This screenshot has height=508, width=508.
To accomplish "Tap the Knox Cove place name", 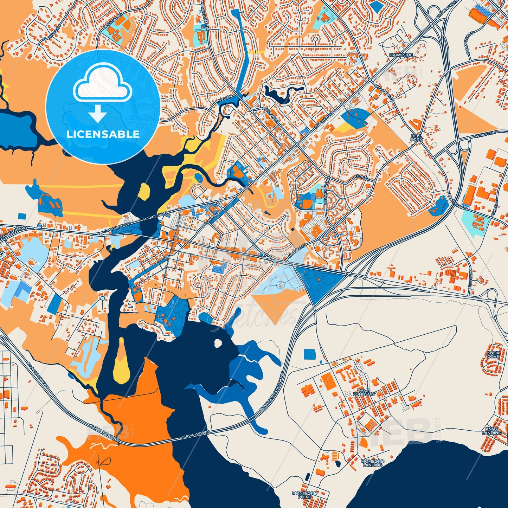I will click(493, 354).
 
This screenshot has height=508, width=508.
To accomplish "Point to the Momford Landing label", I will click(373, 463).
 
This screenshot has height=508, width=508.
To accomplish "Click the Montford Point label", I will click(304, 495).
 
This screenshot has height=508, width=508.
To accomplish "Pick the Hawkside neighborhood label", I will click(401, 55).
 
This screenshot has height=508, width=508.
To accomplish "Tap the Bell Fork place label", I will click(416, 137).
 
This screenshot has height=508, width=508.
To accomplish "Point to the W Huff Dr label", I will click(486, 134).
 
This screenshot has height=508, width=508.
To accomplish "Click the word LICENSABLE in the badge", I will click(103, 134).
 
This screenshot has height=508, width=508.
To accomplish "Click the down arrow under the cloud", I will click(98, 114).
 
